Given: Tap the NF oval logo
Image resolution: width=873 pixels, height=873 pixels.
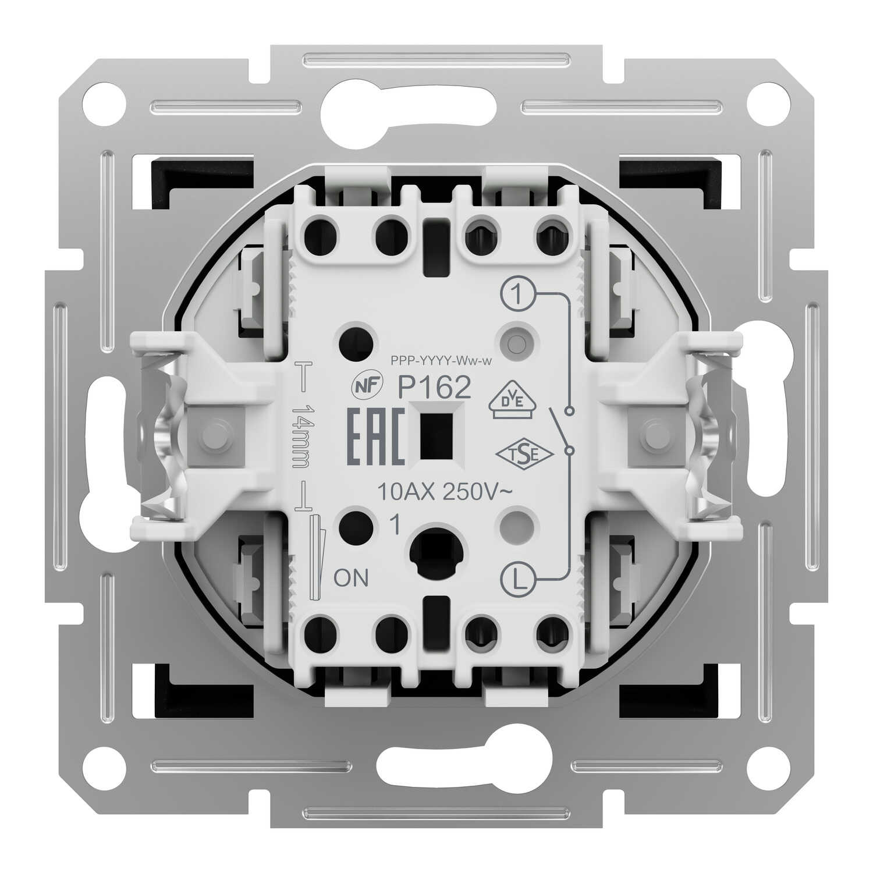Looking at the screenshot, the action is [x=365, y=387].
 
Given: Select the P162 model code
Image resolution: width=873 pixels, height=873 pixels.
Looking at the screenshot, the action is [x=434, y=388].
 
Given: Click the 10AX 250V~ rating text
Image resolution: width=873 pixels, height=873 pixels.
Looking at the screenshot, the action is [x=445, y=493].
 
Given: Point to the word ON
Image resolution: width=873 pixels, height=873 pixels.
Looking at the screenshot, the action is [x=352, y=578].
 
